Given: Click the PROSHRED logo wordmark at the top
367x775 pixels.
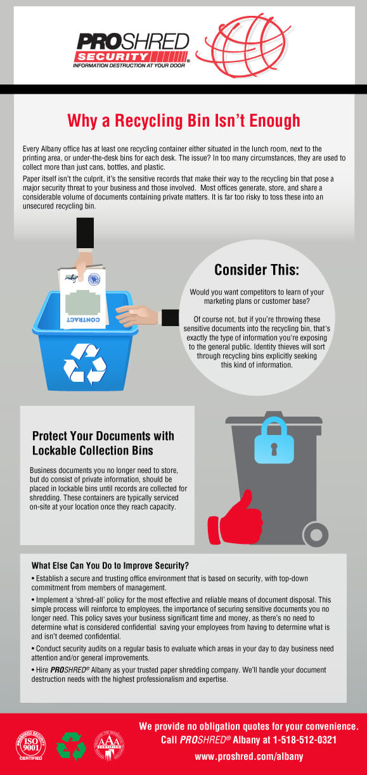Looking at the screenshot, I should pyautogui.click(x=132, y=42).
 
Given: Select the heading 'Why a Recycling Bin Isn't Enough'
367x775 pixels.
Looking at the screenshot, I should pyautogui.click(x=183, y=120).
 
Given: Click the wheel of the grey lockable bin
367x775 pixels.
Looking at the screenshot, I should pyautogui.click(x=315, y=534).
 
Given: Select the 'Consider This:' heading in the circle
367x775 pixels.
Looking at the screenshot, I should pyautogui.click(x=256, y=270).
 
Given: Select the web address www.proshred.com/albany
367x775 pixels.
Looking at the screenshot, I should pyautogui.click(x=248, y=756).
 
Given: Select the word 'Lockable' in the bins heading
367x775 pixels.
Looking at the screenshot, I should pyautogui.click(x=56, y=450).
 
